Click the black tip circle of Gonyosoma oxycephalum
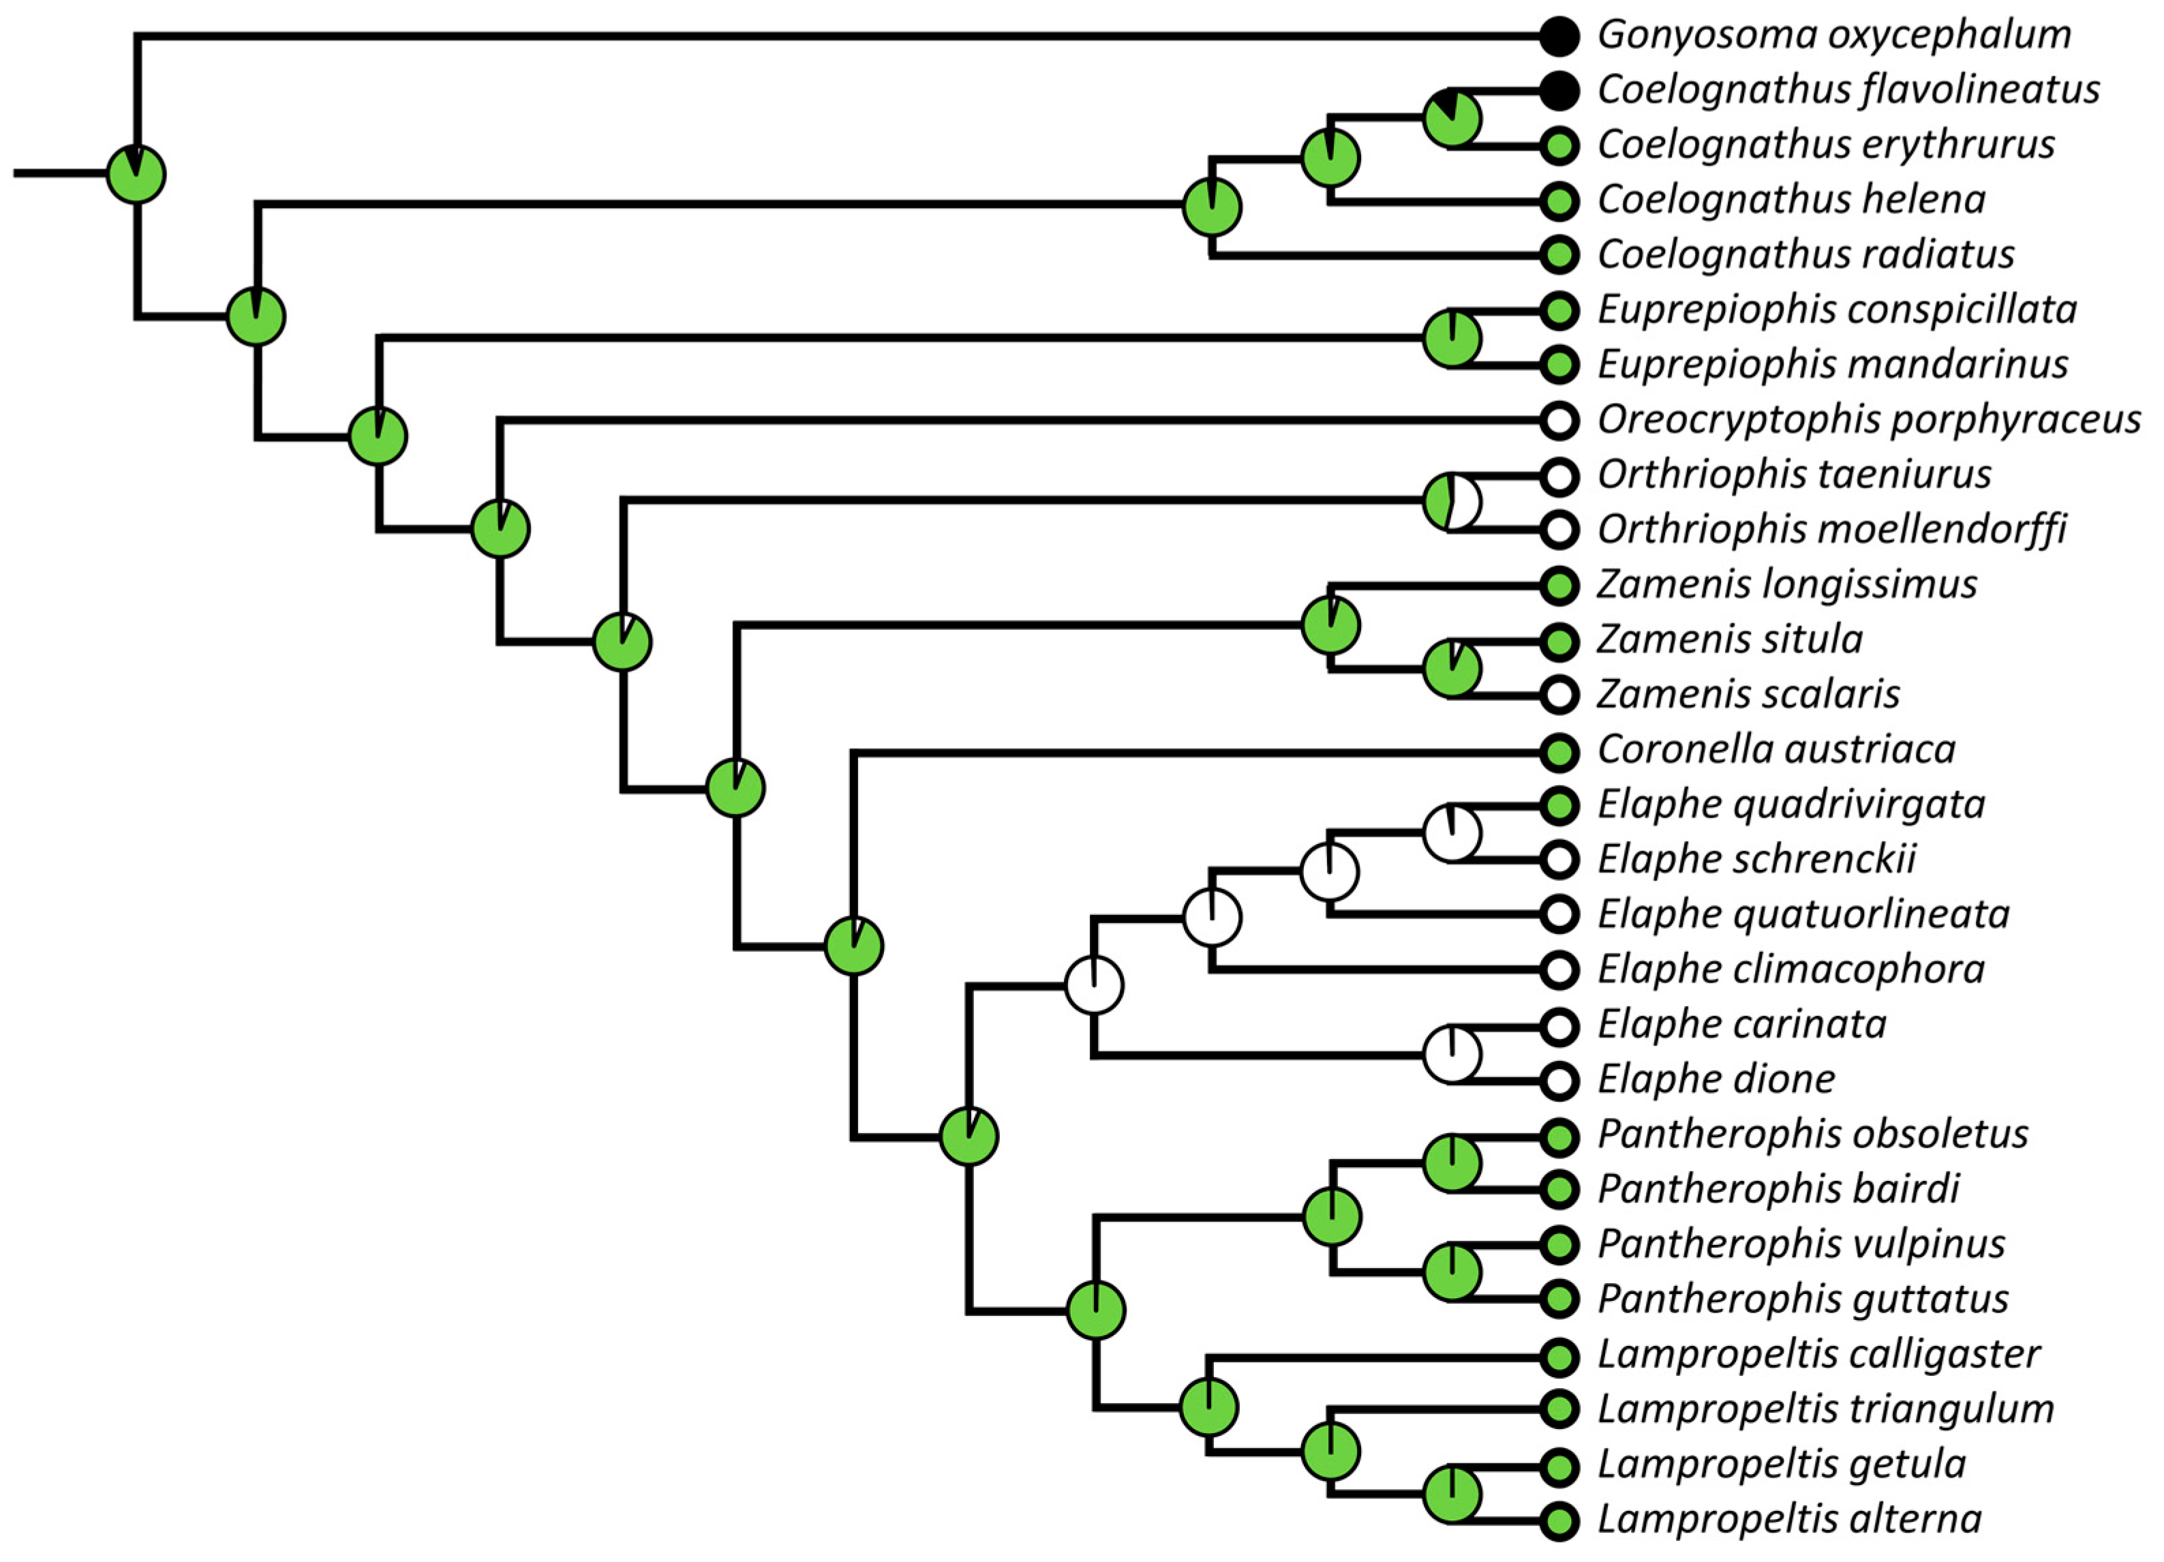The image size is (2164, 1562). (x=1559, y=36)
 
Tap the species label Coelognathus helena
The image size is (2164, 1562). (x=1791, y=199)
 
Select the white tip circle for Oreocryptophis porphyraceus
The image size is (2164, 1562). (x=1559, y=420)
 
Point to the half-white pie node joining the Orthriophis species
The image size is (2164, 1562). (x=1451, y=501)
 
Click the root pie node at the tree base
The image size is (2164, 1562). (x=136, y=175)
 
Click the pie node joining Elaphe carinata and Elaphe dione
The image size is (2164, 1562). (x=1451, y=1054)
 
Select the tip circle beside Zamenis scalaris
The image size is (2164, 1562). (x=1559, y=695)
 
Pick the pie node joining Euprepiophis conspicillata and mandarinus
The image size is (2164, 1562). (x=1451, y=337)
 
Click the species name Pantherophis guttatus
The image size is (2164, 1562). (x=1802, y=1299)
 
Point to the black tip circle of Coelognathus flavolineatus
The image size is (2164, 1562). (x=1559, y=91)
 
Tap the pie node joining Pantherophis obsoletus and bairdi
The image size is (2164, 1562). (x=1451, y=1163)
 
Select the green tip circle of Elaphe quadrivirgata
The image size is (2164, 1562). (x=1559, y=805)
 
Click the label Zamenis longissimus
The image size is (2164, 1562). (x=1787, y=584)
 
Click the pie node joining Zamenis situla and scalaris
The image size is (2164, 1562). (x=1451, y=668)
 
